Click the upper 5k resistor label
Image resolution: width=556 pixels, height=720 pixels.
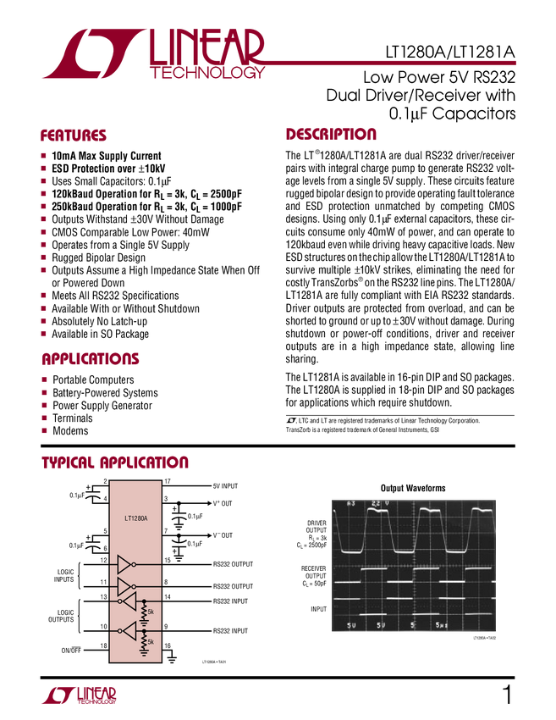(151, 611)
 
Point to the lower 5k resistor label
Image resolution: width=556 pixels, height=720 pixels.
(151, 642)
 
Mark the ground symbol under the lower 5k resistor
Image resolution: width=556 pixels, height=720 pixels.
(143, 654)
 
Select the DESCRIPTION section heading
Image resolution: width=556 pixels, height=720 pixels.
(331, 135)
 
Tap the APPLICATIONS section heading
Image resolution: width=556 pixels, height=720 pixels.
(91, 359)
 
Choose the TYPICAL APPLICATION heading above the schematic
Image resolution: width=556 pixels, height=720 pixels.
(116, 462)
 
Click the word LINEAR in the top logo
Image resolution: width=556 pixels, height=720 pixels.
(208, 46)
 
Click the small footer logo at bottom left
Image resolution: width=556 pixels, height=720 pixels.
(79, 695)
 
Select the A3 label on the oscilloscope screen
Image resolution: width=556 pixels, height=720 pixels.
(352, 503)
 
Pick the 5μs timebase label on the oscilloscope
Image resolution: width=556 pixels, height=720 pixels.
(441, 625)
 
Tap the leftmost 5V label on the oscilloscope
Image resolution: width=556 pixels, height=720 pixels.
(352, 625)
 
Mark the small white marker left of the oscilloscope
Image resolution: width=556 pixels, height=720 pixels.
(303, 579)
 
